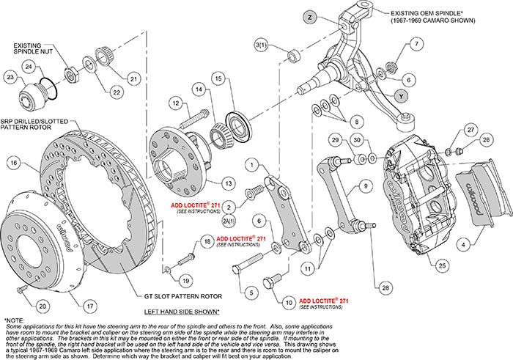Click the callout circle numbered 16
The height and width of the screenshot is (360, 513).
pos(12,164)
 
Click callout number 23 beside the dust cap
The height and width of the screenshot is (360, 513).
pos(10,76)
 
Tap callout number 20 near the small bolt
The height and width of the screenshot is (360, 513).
pos(42,306)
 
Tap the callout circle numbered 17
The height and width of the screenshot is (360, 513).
pos(89,306)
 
